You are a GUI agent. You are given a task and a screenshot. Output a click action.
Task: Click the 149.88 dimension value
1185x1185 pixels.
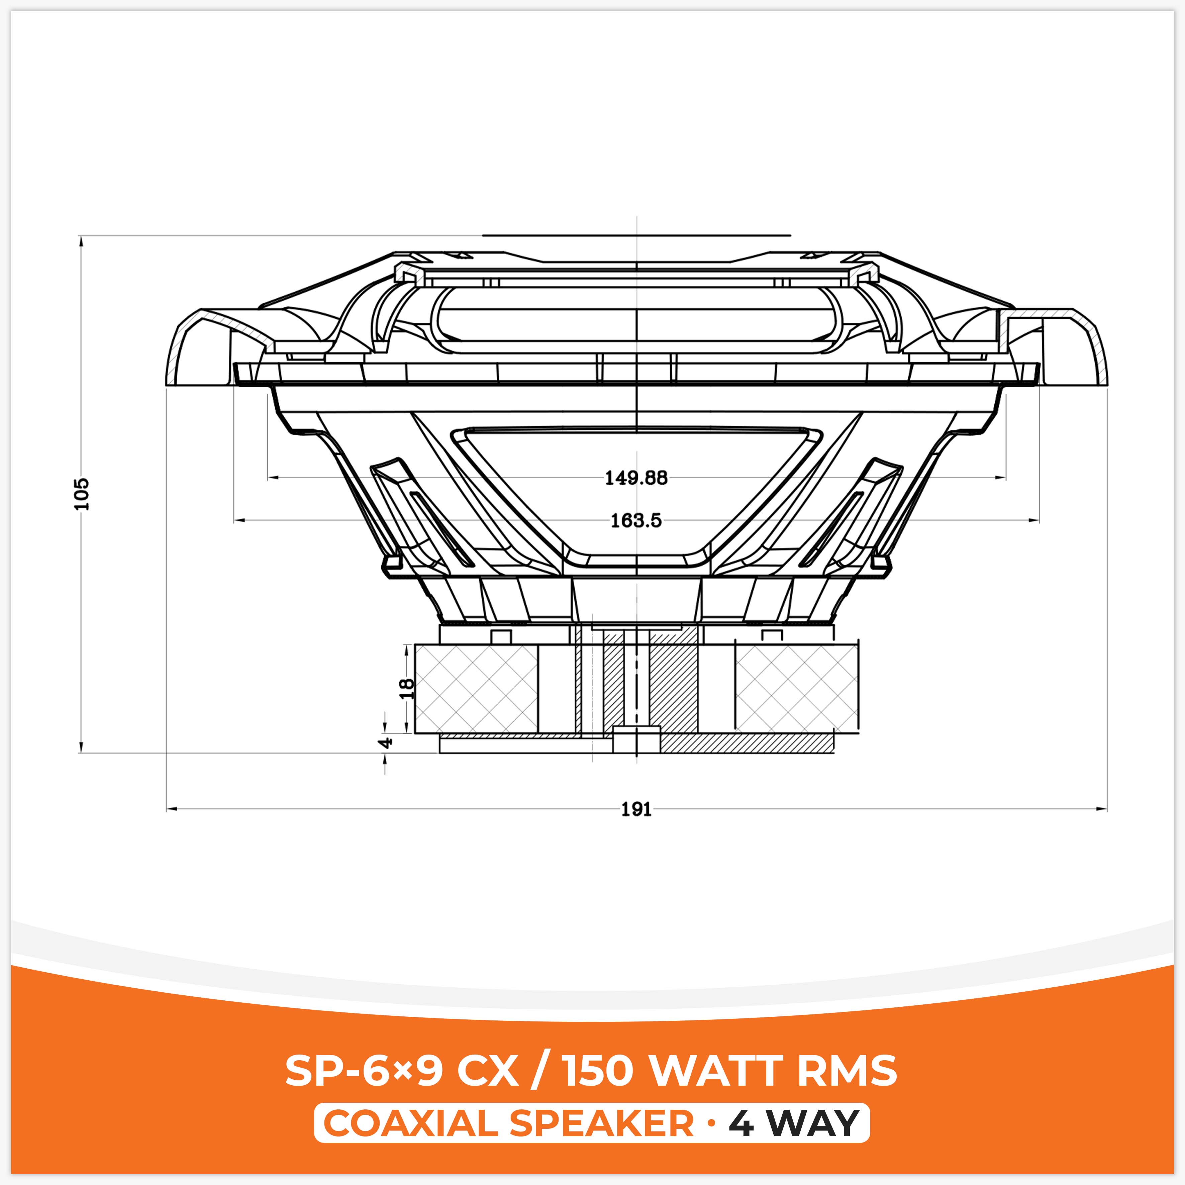pos(636,478)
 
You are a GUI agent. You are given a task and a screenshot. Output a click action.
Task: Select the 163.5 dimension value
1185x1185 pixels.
pos(636,521)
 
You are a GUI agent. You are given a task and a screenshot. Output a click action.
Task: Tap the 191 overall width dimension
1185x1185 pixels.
pos(636,810)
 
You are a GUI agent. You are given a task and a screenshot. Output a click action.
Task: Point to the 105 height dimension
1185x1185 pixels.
pos(82,494)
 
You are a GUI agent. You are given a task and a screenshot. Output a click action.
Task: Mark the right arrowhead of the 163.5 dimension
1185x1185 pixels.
pos(1036,521)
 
